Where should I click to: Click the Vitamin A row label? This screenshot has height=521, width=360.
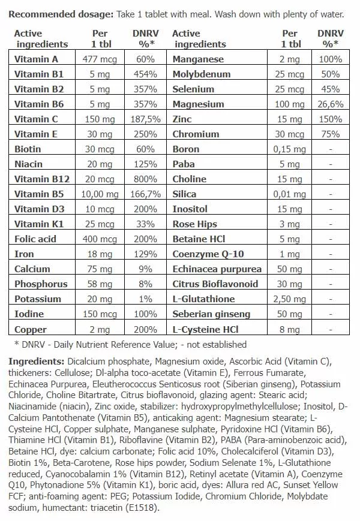click(36, 59)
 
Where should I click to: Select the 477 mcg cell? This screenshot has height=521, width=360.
click(100, 59)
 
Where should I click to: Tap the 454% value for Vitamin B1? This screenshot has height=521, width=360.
click(146, 74)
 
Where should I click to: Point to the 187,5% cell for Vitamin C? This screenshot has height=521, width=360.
click(146, 119)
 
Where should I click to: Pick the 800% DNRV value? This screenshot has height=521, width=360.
click(146, 179)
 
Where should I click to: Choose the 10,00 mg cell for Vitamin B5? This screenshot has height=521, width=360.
click(100, 194)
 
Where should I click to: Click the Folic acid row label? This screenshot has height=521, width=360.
click(35, 239)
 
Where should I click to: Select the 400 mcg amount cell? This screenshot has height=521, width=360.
click(100, 239)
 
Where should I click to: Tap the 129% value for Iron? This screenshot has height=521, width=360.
click(146, 254)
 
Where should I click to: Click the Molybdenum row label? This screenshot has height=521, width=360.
click(201, 74)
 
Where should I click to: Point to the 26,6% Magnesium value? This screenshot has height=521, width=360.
click(331, 104)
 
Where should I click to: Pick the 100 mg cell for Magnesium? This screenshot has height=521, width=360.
click(290, 104)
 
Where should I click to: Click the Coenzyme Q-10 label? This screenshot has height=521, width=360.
click(208, 254)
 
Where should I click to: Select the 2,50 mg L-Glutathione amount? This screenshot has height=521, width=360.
click(290, 299)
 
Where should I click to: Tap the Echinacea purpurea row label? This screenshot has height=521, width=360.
click(217, 269)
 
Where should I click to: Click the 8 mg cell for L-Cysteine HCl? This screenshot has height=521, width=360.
click(290, 329)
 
